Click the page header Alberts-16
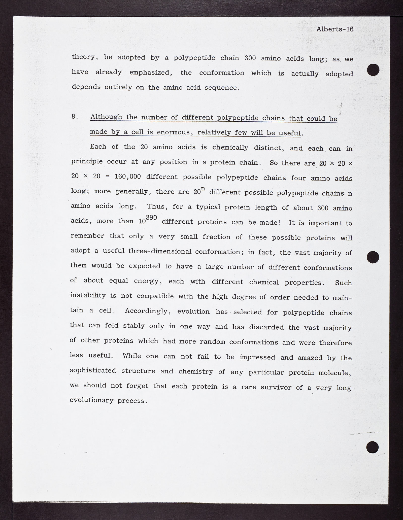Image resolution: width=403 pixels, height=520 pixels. (x=335, y=29)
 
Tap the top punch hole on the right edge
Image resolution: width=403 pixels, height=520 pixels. (x=373, y=70)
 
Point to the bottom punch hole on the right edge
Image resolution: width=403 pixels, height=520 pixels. (x=373, y=447)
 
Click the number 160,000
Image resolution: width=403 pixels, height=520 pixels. (x=127, y=176)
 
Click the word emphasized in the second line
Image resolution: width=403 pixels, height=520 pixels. (x=151, y=73)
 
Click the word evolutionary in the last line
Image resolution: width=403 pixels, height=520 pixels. (x=91, y=400)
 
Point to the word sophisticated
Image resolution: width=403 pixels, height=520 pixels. (x=93, y=371)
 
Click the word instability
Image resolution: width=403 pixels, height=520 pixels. (x=88, y=295)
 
